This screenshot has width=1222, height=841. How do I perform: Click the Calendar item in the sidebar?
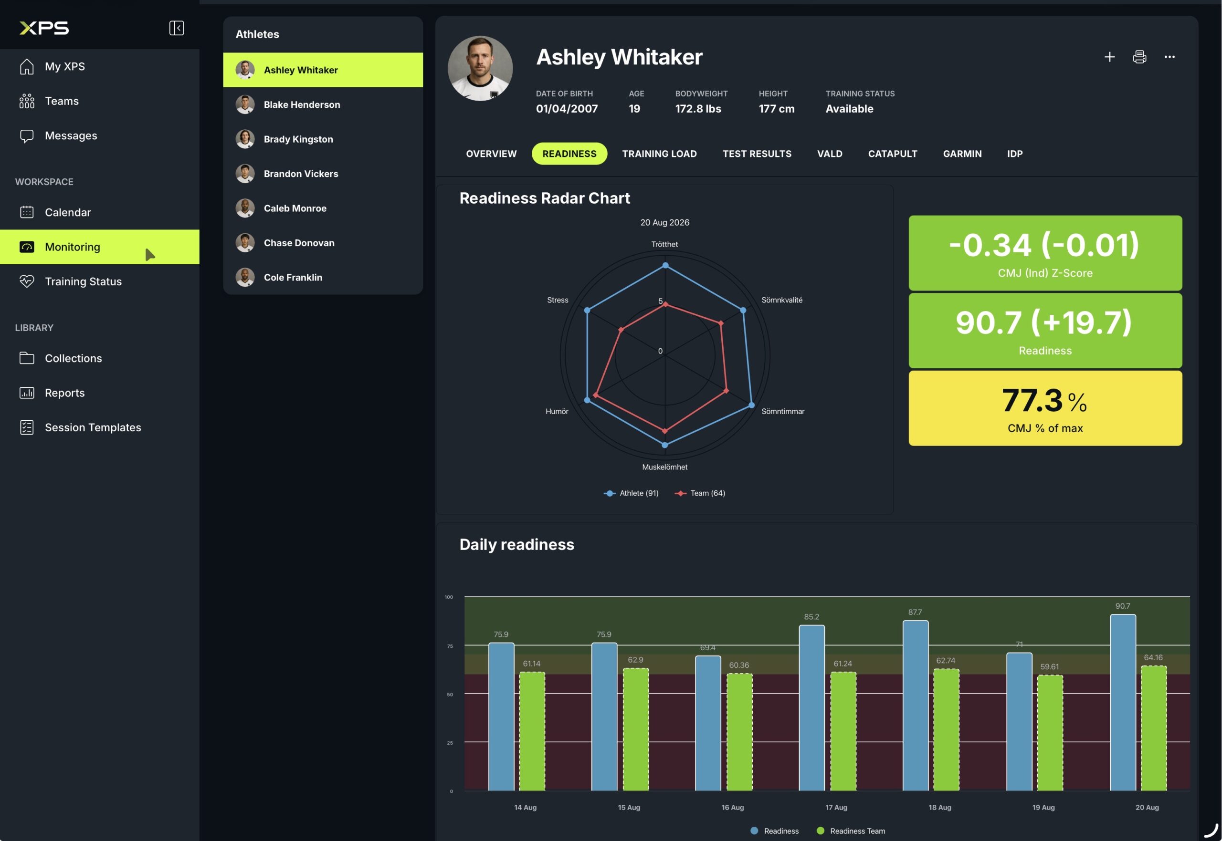pos(67,212)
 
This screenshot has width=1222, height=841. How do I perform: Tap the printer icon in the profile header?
pos(1139,57)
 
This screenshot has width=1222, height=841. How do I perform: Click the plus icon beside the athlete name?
pos(1109,57)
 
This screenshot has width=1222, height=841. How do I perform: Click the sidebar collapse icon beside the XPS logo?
pos(177,28)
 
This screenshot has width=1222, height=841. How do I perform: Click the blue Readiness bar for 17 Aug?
pos(811,708)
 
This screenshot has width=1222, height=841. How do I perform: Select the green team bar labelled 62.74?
pos(946,730)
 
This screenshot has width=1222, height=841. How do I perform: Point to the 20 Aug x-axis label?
pos(1147,807)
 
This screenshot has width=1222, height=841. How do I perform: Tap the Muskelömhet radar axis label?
pos(664,467)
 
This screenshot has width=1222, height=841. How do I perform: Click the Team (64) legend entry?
pos(700,493)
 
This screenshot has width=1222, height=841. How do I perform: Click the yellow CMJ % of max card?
pos(1045,408)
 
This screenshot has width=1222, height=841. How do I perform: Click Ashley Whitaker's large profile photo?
pos(480,69)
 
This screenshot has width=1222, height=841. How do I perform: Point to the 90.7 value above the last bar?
pos(1122,606)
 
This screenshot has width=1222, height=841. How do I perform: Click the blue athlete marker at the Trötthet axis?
pos(665,266)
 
